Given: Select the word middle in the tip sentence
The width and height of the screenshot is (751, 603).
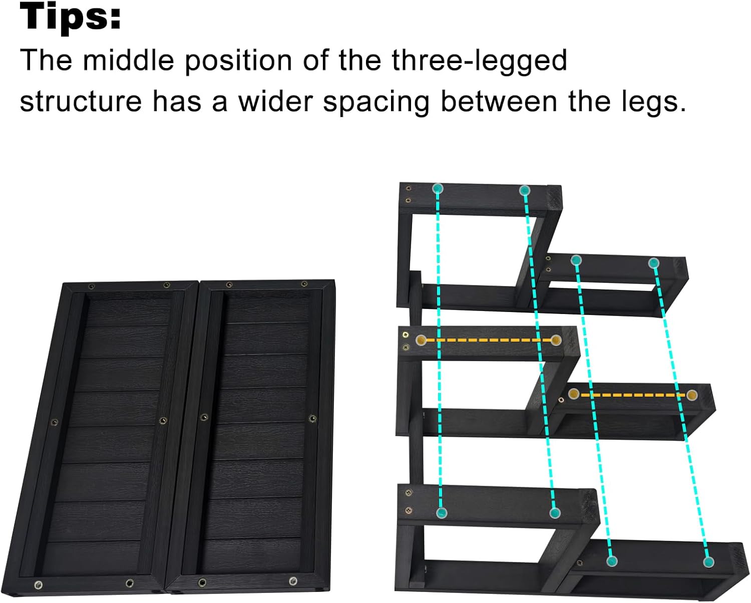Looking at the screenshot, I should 129,61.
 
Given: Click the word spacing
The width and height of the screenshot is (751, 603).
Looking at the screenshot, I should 376,102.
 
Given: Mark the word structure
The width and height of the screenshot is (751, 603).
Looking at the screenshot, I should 81,101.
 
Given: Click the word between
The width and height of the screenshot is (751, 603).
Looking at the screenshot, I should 499,101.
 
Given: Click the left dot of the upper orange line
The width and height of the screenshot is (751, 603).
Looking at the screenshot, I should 421,341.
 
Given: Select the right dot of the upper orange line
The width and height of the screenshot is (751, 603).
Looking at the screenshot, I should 555,341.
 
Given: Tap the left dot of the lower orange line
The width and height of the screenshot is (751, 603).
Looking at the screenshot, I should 574,394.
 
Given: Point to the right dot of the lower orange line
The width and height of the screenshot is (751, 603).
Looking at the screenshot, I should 692,395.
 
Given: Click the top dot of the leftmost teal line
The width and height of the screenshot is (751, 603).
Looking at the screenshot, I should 438,189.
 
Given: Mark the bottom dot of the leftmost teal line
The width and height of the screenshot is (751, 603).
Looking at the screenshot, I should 441,512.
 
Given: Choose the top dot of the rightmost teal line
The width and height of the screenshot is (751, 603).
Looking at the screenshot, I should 653,263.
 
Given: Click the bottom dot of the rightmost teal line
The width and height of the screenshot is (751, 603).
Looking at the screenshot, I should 708,562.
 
